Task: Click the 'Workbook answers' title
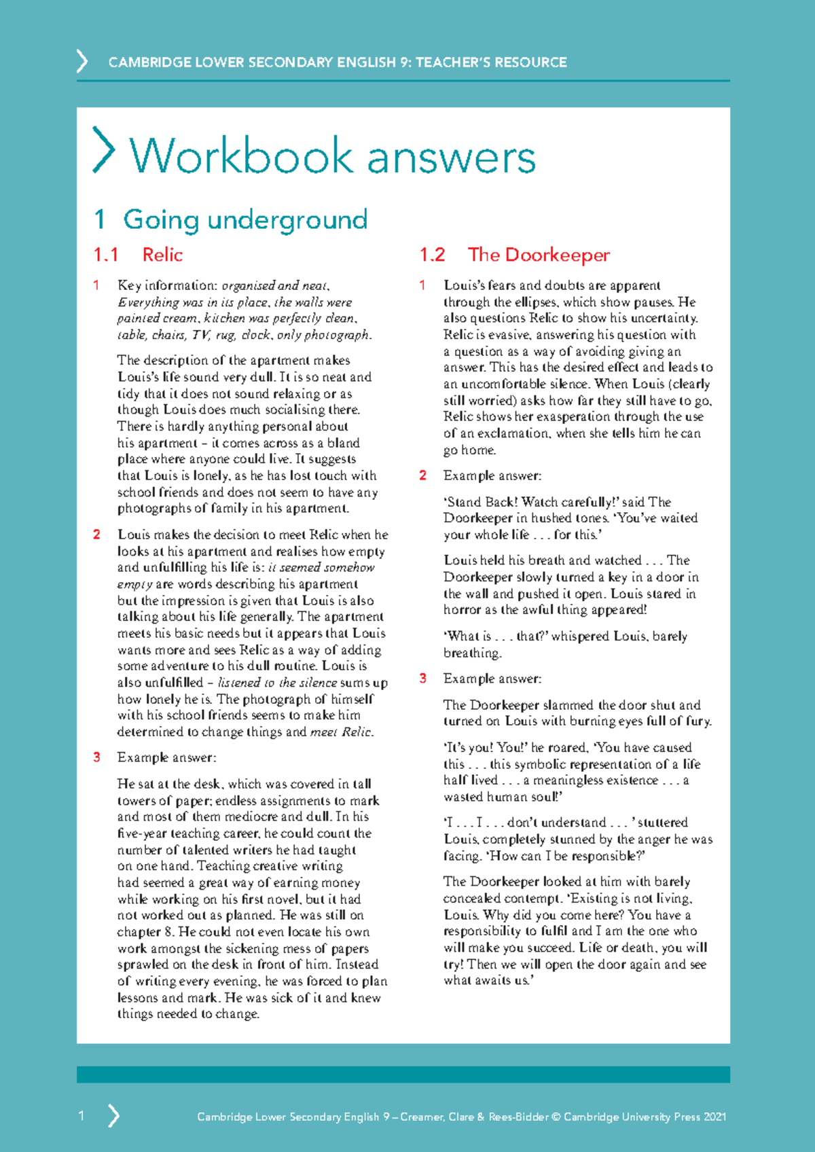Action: pos(332,156)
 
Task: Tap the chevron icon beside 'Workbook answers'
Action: pos(103,150)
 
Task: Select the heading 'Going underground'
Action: pos(245,219)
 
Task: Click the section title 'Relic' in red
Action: pos(162,255)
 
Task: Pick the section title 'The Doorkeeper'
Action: pos(539,255)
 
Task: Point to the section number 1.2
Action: pos(432,255)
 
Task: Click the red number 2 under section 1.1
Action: pos(97,535)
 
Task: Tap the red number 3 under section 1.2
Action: pos(422,679)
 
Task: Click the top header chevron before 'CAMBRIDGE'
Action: pos(82,62)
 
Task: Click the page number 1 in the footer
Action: pos(81,1115)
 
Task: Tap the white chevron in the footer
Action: pos(114,1115)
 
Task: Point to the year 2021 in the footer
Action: pos(714,1117)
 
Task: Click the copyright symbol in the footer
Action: pos(556,1117)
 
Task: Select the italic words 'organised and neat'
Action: pos(275,285)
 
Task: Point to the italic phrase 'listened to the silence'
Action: pos(277,683)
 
